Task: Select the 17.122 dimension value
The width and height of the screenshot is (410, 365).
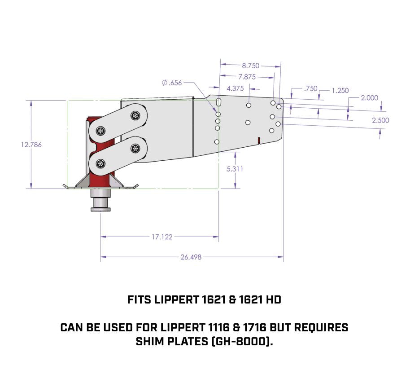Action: click(162, 237)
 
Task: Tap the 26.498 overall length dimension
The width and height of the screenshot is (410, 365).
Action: click(191, 257)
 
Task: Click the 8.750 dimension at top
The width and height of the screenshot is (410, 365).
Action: click(250, 66)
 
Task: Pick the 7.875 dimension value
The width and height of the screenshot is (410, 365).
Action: click(247, 77)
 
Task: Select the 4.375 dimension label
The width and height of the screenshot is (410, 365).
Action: click(235, 88)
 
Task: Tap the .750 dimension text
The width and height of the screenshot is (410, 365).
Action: click(310, 88)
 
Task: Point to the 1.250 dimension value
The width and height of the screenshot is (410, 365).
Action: click(340, 90)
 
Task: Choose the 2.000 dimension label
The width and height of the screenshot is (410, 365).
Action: click(369, 97)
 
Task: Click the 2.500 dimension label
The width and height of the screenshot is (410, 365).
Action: click(380, 120)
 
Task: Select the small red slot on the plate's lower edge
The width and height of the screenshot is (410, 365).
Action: click(259, 141)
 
